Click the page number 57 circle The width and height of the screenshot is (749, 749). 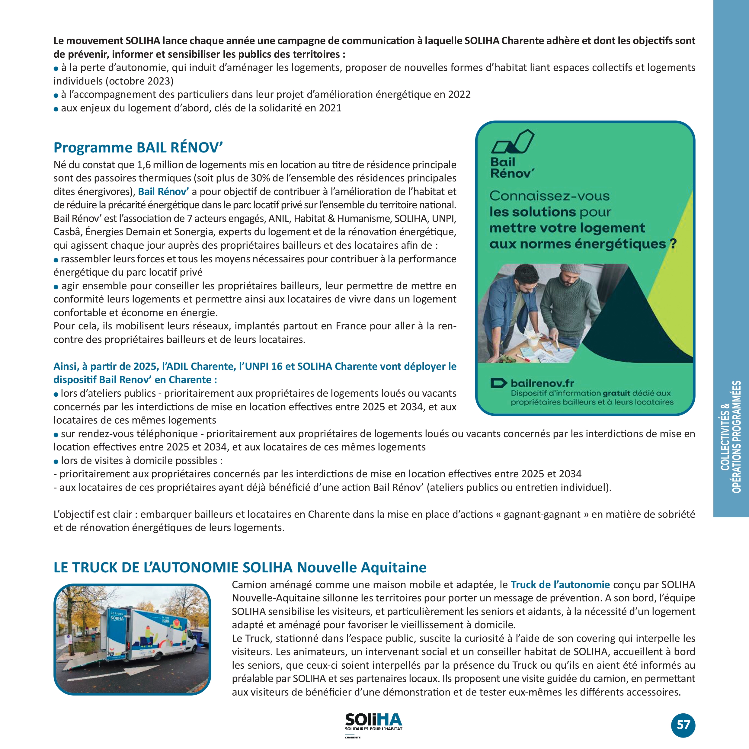tap(683, 725)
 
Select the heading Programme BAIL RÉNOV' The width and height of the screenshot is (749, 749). tap(138, 148)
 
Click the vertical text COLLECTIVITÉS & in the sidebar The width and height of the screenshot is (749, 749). tap(725, 437)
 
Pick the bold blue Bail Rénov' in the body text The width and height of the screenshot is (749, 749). tap(163, 191)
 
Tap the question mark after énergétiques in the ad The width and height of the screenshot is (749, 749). tap(673, 244)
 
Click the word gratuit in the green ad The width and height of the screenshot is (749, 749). tap(616, 393)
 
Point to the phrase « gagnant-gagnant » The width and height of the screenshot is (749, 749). tap(542, 514)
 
